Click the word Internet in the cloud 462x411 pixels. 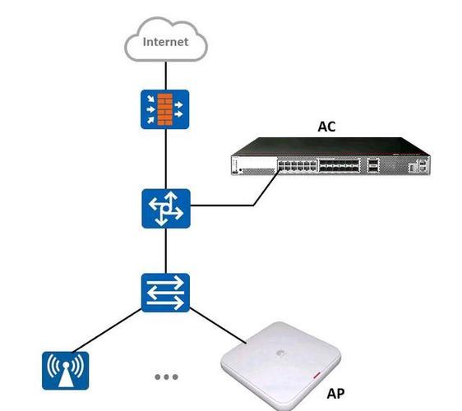point(165,42)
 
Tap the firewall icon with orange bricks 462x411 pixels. point(165,109)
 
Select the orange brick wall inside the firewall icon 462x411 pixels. point(165,109)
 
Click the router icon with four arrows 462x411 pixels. point(166,209)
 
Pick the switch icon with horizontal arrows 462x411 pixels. point(165,293)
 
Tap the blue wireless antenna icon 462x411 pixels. point(66,371)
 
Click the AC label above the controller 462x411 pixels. point(326,127)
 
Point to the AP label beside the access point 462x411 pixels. point(335,394)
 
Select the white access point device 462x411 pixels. point(280,365)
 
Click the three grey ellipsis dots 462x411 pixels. point(167,376)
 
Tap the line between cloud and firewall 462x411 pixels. point(166,76)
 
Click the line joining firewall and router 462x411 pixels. point(166,159)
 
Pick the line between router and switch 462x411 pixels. point(166,251)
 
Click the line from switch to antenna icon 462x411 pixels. point(107,330)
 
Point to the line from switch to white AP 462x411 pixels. point(218,326)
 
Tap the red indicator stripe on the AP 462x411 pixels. point(316,376)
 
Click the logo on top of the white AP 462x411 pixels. point(279,353)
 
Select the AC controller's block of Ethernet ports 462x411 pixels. point(298,165)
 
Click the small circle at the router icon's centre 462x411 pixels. point(166,209)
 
